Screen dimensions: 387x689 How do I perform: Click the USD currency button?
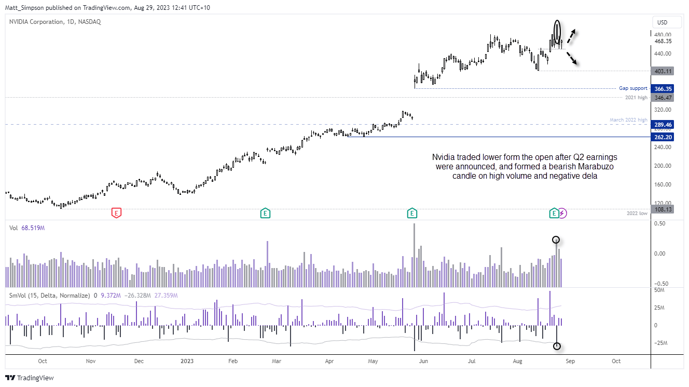click(x=662, y=22)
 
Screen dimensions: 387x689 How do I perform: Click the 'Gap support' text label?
click(x=633, y=88)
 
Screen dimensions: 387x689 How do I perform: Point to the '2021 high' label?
click(x=637, y=98)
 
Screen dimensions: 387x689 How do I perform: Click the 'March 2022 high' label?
click(x=628, y=121)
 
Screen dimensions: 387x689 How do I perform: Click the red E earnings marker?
click(x=117, y=212)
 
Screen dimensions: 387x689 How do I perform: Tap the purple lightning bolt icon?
click(x=563, y=212)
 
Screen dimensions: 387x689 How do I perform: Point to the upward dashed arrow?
click(x=571, y=36)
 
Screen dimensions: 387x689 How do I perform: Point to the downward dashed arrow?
click(x=572, y=58)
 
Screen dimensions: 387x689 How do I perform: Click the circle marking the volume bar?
click(x=556, y=240)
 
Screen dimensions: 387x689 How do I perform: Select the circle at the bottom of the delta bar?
click(x=557, y=346)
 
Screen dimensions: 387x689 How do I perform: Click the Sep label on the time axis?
click(x=569, y=361)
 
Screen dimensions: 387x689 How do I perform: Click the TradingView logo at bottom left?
click(x=30, y=378)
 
